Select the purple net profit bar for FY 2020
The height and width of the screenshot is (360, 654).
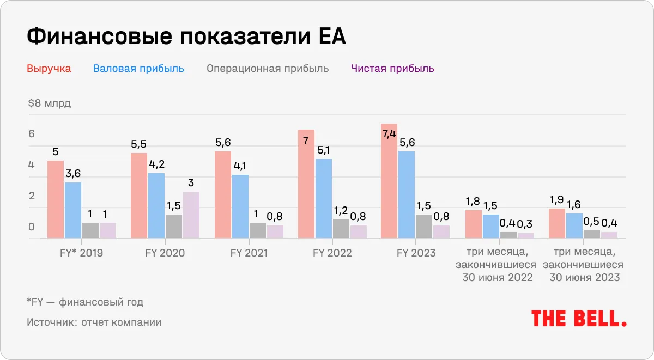[x=191, y=215]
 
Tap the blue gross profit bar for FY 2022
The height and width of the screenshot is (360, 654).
[x=323, y=198]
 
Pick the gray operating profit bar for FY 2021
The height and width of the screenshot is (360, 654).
[x=258, y=230]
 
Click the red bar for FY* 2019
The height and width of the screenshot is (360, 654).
[x=56, y=199]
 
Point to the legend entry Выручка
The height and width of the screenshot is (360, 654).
[x=49, y=69]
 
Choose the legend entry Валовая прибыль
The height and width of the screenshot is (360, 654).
[x=138, y=69]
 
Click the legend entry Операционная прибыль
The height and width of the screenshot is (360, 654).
[x=268, y=69]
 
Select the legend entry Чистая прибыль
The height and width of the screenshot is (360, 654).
[x=392, y=69]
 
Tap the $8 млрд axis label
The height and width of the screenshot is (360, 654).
[x=49, y=103]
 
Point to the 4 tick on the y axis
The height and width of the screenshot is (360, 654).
[x=32, y=165]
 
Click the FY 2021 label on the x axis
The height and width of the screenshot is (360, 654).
[x=249, y=253]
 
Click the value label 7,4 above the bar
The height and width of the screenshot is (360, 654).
[x=389, y=134]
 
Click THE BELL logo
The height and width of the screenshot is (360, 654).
[x=579, y=318]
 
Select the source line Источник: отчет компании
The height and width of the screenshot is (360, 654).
[x=94, y=322]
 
